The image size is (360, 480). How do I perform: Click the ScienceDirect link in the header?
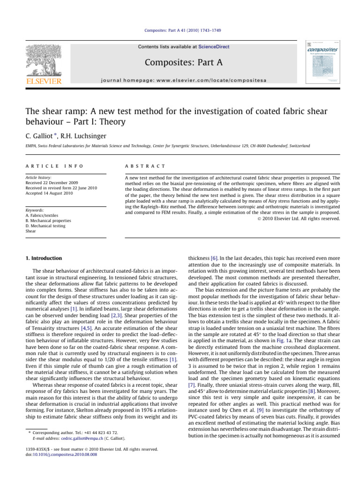click(x=214, y=47)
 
